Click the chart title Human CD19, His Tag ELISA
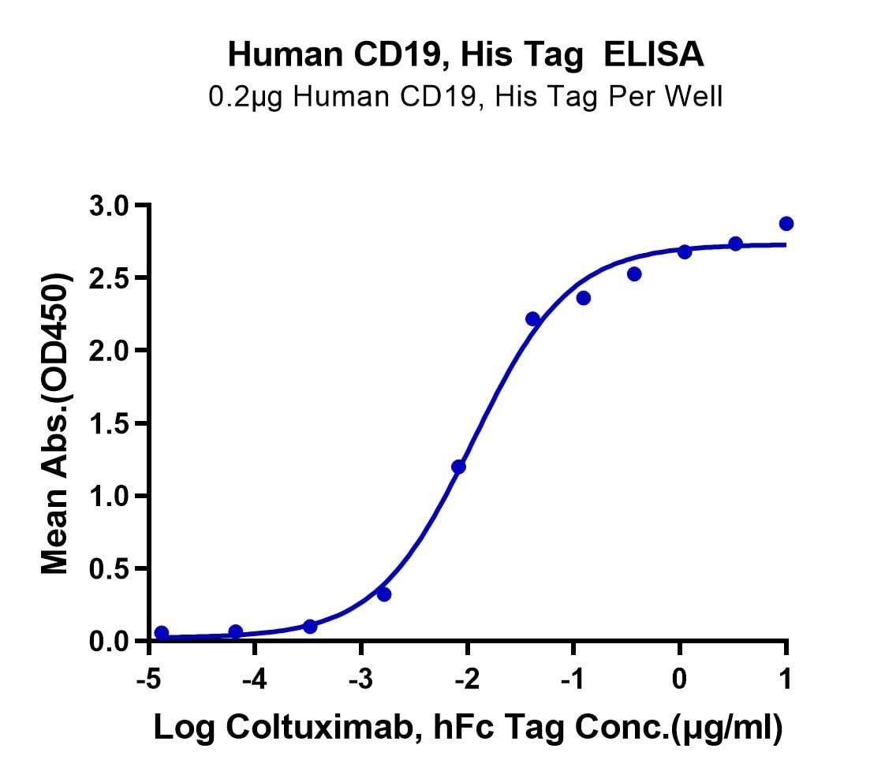click(x=466, y=55)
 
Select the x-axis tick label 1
click(x=786, y=680)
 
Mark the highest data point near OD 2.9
click(x=786, y=224)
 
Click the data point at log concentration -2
click(x=458, y=467)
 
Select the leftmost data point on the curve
click(x=162, y=633)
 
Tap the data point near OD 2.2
click(x=532, y=319)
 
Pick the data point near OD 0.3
click(x=384, y=594)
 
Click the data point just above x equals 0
click(x=685, y=251)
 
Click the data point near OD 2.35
click(x=584, y=298)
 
